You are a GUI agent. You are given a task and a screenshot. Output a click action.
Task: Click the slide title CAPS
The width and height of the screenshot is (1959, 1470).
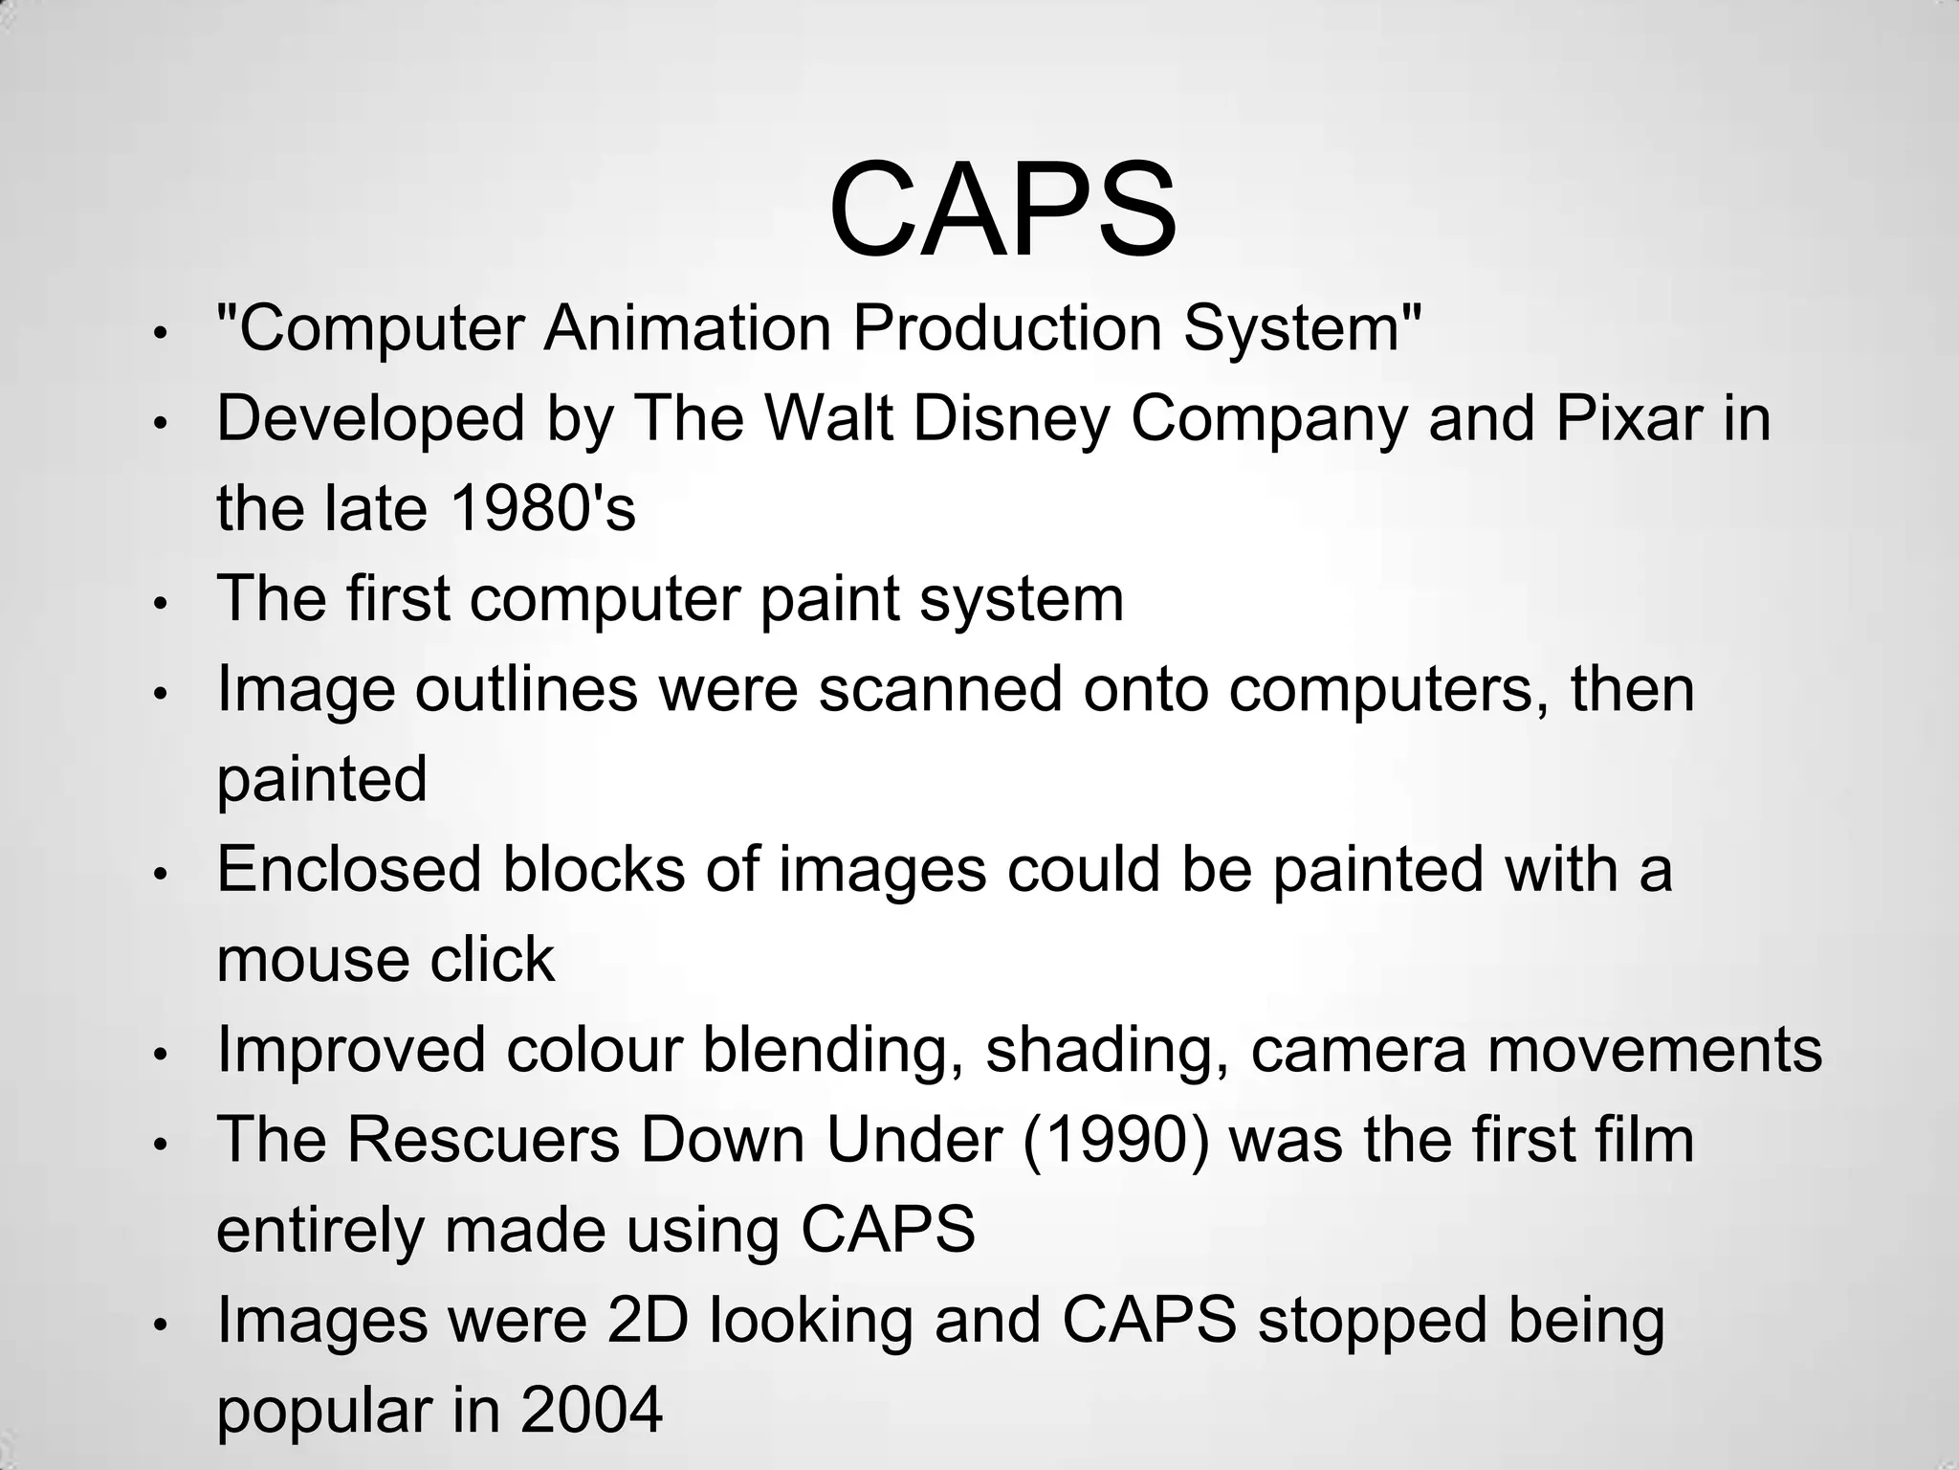(1002, 210)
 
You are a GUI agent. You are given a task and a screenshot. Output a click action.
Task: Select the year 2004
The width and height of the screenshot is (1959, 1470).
(591, 1411)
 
